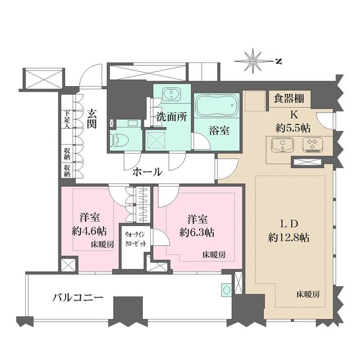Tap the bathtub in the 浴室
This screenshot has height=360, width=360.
point(217,106)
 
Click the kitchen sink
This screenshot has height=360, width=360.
point(280,145)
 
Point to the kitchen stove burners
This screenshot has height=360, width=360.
point(311,145)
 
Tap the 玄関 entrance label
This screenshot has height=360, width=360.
point(91,119)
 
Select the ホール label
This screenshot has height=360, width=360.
point(147,172)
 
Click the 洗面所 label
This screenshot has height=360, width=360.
point(171,119)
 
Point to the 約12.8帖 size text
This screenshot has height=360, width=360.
point(287,237)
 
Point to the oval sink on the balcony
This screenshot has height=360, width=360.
point(226,291)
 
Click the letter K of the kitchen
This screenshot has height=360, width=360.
point(294,115)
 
